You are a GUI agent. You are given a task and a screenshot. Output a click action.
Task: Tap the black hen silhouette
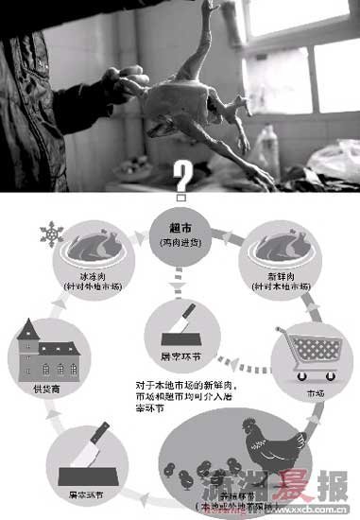(x=280, y=450)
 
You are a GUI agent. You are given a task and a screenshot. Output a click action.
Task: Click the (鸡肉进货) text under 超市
(x=179, y=244)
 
